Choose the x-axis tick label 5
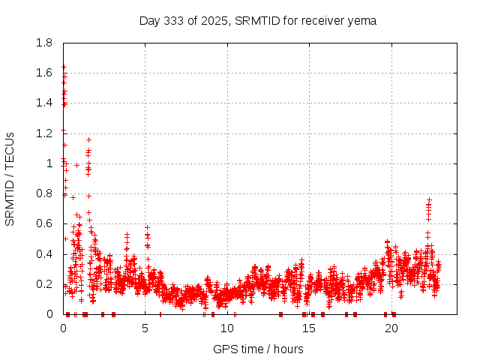145,328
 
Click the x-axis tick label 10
227,328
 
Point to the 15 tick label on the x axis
309,328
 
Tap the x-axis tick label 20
391,328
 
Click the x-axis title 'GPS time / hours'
258,349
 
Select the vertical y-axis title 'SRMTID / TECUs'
10,178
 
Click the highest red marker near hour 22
429,200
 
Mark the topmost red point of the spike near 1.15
88,139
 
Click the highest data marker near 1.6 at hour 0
64,67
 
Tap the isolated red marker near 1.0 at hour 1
76,165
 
